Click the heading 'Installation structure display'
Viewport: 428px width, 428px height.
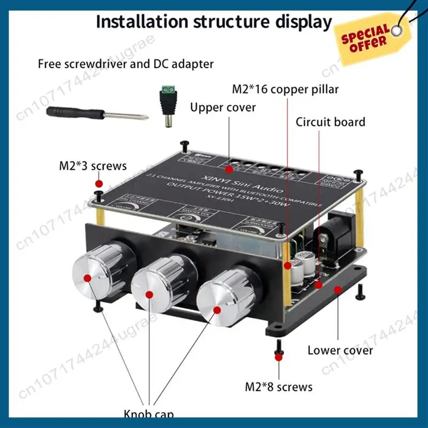point(214,22)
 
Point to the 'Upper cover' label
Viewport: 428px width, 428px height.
point(223,108)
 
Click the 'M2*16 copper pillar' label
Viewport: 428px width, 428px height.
point(285,89)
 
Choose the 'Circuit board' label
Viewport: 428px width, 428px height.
point(330,122)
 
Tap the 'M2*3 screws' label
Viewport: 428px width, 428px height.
point(93,165)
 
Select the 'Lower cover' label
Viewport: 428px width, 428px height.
point(340,350)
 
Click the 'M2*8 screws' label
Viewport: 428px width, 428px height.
point(278,386)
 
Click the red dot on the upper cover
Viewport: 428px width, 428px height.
point(229,170)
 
